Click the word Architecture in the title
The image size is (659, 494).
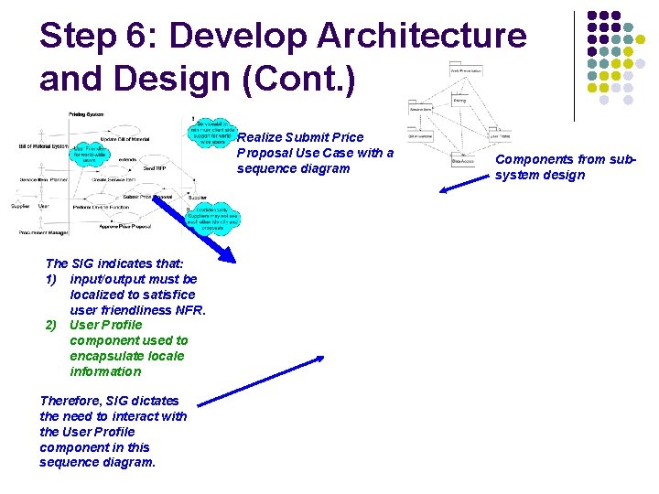(422, 37)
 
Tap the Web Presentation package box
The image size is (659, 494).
(466, 70)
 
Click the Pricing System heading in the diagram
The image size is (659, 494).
(88, 114)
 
